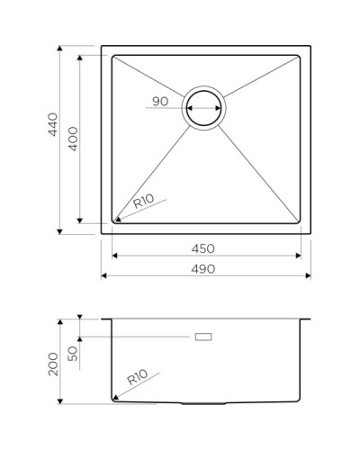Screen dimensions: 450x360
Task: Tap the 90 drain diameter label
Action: [160, 101]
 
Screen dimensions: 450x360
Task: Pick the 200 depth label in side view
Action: [53, 364]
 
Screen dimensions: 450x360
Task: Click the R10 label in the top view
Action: [143, 204]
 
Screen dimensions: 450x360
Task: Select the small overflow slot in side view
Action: [203, 337]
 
